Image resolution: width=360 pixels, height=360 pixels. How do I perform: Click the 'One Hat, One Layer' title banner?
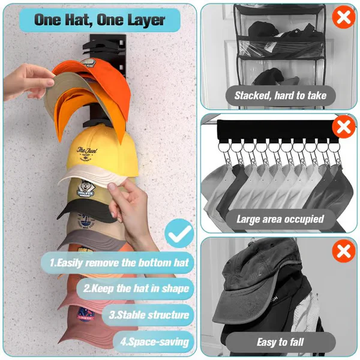[x=99, y=20]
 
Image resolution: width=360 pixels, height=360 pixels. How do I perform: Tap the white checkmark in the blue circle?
[x=178, y=235]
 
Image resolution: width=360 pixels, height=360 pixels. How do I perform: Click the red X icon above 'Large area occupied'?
[x=344, y=128]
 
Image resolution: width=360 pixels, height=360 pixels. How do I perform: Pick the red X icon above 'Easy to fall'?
[x=344, y=251]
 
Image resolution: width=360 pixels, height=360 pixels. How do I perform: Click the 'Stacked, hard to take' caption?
[x=280, y=95]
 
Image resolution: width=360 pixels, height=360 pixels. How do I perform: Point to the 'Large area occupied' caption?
[x=280, y=219]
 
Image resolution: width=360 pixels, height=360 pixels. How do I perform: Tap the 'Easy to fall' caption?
[x=280, y=342]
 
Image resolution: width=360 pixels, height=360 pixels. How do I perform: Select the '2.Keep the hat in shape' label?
[x=137, y=288]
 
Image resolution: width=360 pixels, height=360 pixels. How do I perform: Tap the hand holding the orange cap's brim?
[x=27, y=81]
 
